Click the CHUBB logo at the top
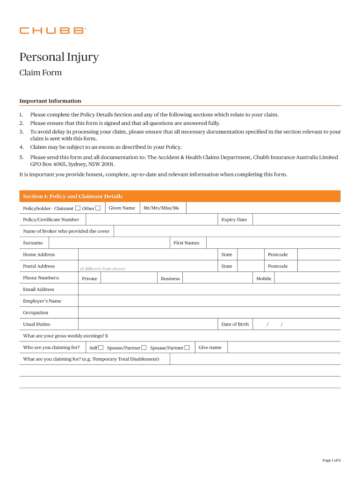pos(52,30)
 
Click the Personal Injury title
pos(59,57)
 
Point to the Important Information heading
pos(50,101)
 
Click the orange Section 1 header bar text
pos(73,196)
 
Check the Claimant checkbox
pos(78,208)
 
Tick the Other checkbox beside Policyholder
pos(98,208)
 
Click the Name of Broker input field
pos(227,231)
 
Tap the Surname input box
pos(108,243)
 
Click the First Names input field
pos(273,243)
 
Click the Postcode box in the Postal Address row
pos(319,266)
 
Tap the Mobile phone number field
pos(307,278)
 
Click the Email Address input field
pos(209,290)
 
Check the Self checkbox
pos(101,348)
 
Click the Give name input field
pos(284,348)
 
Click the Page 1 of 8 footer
pos(331,460)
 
